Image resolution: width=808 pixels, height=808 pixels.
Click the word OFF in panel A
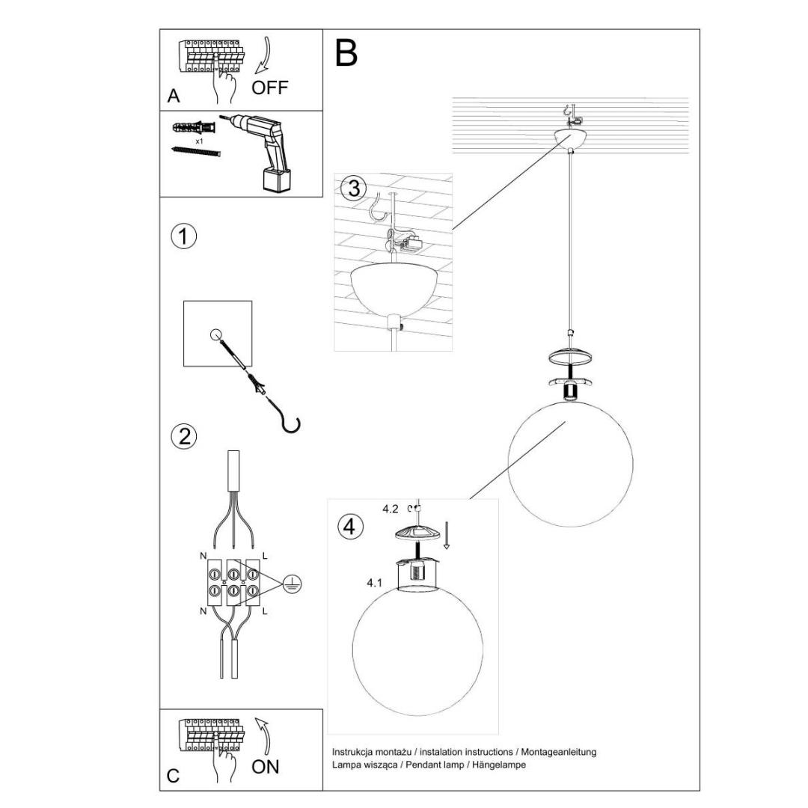[269, 88]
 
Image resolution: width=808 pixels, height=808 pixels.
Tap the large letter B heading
[346, 53]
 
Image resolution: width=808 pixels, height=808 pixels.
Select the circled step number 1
[183, 236]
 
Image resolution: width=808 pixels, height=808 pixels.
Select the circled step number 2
[183, 435]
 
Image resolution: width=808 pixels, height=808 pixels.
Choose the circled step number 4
[348, 526]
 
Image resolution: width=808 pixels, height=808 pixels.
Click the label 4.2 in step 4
[390, 509]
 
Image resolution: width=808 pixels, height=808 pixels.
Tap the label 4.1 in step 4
[376, 581]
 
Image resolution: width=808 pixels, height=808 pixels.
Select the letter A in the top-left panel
[174, 96]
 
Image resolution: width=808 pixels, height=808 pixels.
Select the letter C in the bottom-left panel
[173, 775]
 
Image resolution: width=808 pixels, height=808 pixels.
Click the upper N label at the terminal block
[202, 556]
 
